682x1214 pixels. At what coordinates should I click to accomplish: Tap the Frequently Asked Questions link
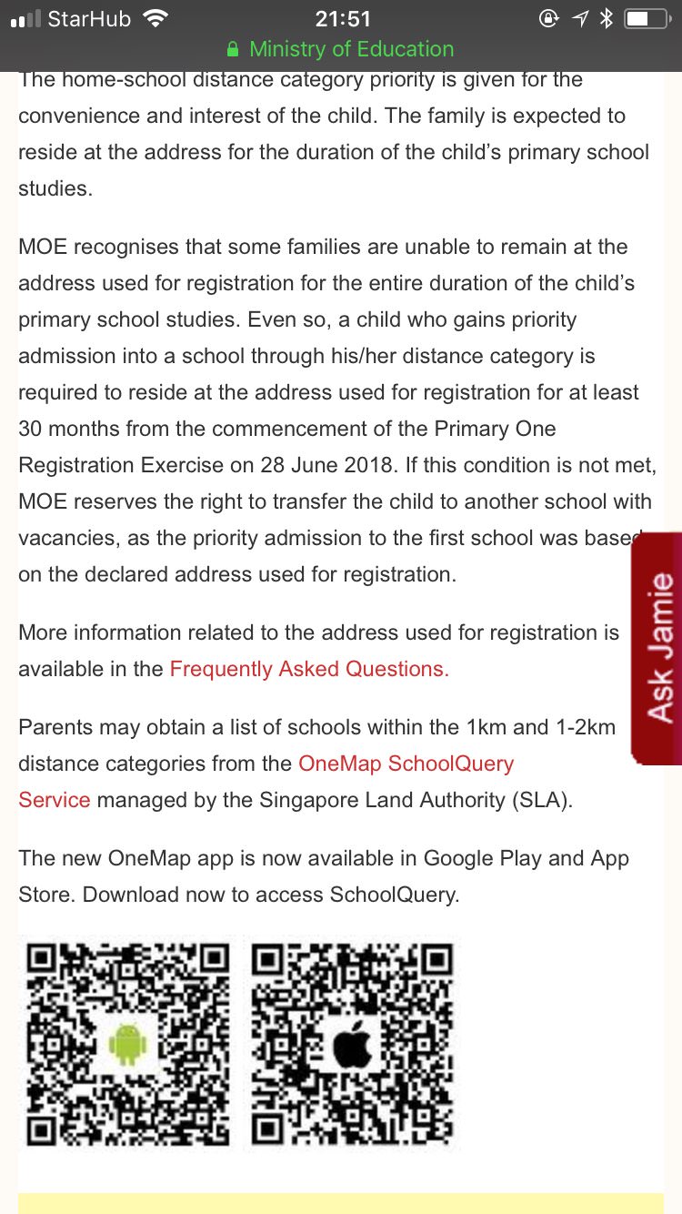[309, 669]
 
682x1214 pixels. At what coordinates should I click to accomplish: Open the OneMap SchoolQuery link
[406, 763]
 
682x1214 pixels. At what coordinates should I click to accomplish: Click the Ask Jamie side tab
[657, 647]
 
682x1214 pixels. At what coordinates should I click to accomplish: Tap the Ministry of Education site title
[351, 49]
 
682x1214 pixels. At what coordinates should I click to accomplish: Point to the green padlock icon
[234, 49]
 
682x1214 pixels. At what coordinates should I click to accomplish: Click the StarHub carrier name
[89, 18]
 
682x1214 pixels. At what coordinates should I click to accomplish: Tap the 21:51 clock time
[342, 18]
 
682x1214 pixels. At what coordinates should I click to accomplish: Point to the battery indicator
[647, 18]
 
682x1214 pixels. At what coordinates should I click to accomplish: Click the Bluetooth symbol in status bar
[607, 18]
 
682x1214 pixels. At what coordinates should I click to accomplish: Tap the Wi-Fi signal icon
[156, 18]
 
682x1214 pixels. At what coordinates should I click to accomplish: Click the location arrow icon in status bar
[579, 18]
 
